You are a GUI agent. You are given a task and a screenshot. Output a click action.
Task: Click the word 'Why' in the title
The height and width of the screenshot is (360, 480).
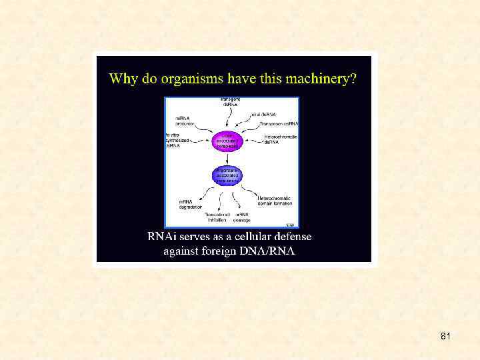point(123,79)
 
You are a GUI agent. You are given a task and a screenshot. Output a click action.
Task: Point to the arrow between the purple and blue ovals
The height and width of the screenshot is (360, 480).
point(226,159)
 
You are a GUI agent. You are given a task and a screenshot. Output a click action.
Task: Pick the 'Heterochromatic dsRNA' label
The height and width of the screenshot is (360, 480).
point(281,139)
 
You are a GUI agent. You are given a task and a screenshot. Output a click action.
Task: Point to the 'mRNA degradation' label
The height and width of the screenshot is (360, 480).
point(191,203)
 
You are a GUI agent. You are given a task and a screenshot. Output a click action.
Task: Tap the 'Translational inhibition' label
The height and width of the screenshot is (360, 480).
point(218,217)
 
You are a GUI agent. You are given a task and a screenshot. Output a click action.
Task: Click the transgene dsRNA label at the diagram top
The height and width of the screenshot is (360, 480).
point(231,102)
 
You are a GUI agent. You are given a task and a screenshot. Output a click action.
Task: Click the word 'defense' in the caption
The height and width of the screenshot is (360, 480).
point(291,237)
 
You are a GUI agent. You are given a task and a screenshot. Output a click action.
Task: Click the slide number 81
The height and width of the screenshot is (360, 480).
point(445,337)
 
